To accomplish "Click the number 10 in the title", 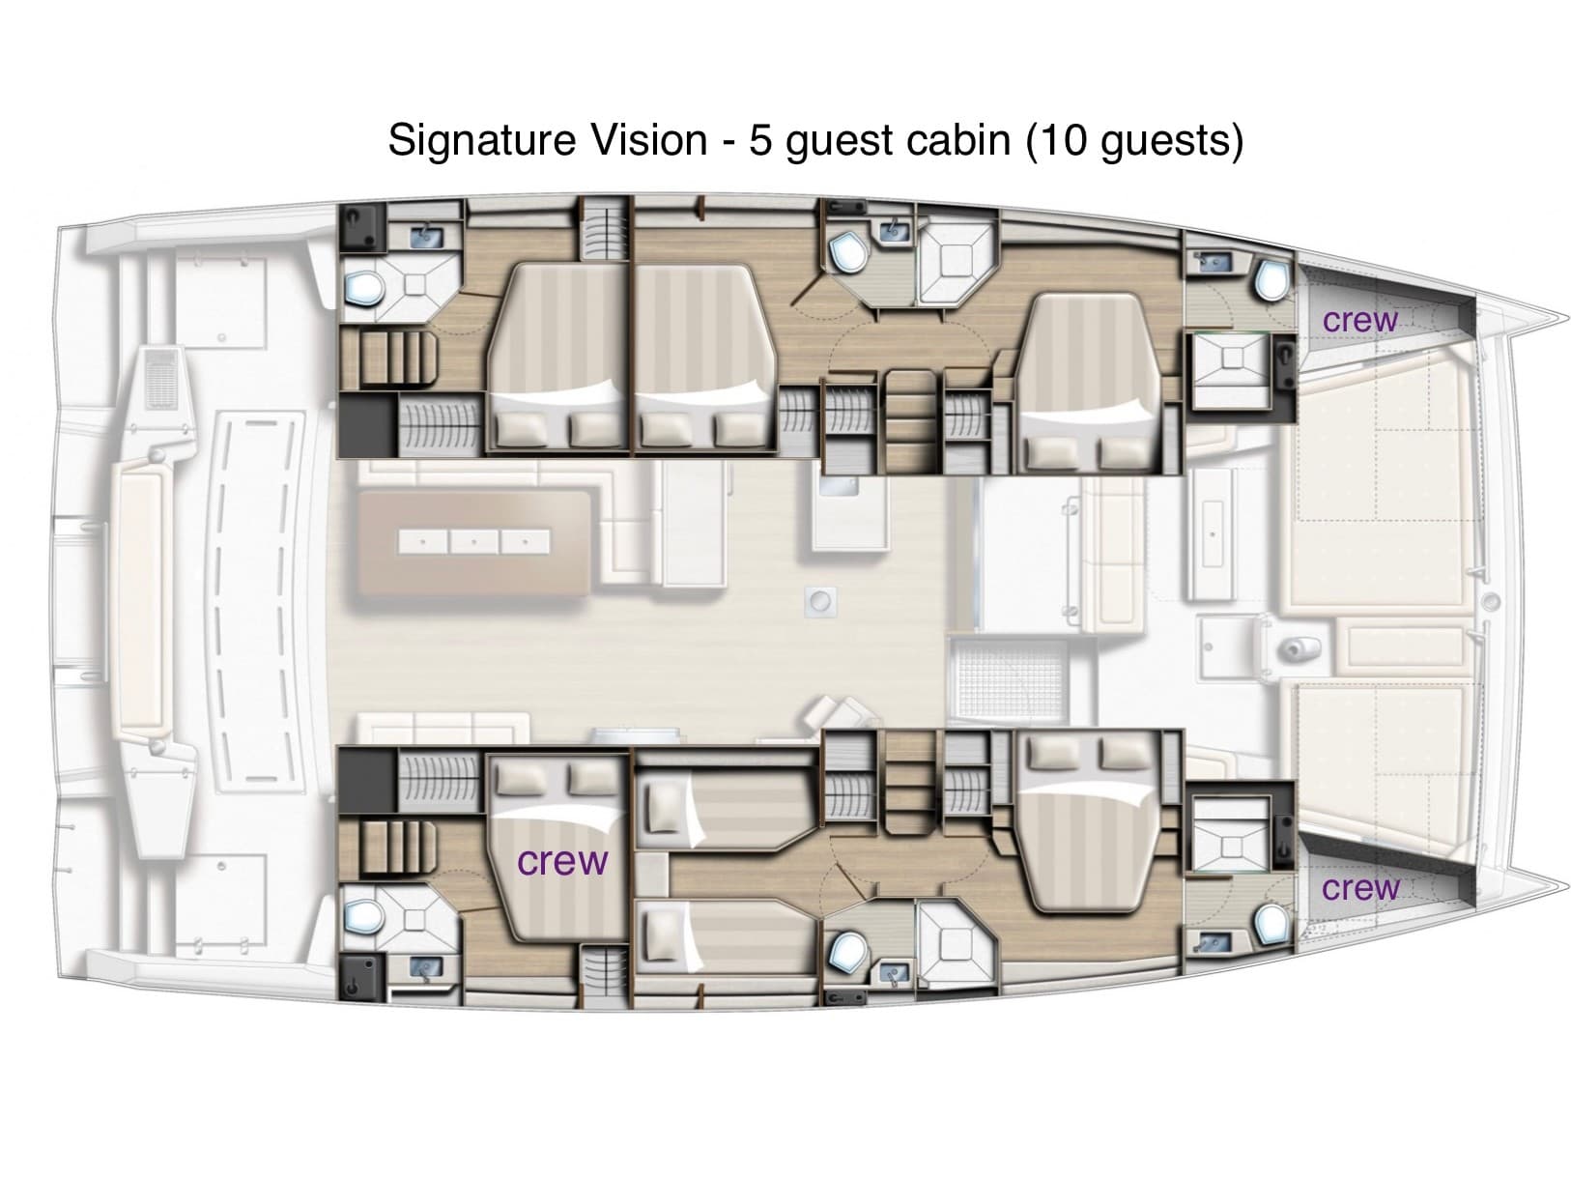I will (x=1062, y=140).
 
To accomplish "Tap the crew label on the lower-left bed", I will (x=563, y=860).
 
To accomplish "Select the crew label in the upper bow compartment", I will (x=1359, y=320).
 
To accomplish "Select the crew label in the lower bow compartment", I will (x=1359, y=887).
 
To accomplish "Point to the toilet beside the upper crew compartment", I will (x=1271, y=281).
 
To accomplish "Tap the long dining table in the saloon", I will (x=473, y=541).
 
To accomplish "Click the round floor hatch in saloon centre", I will (x=820, y=602).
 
